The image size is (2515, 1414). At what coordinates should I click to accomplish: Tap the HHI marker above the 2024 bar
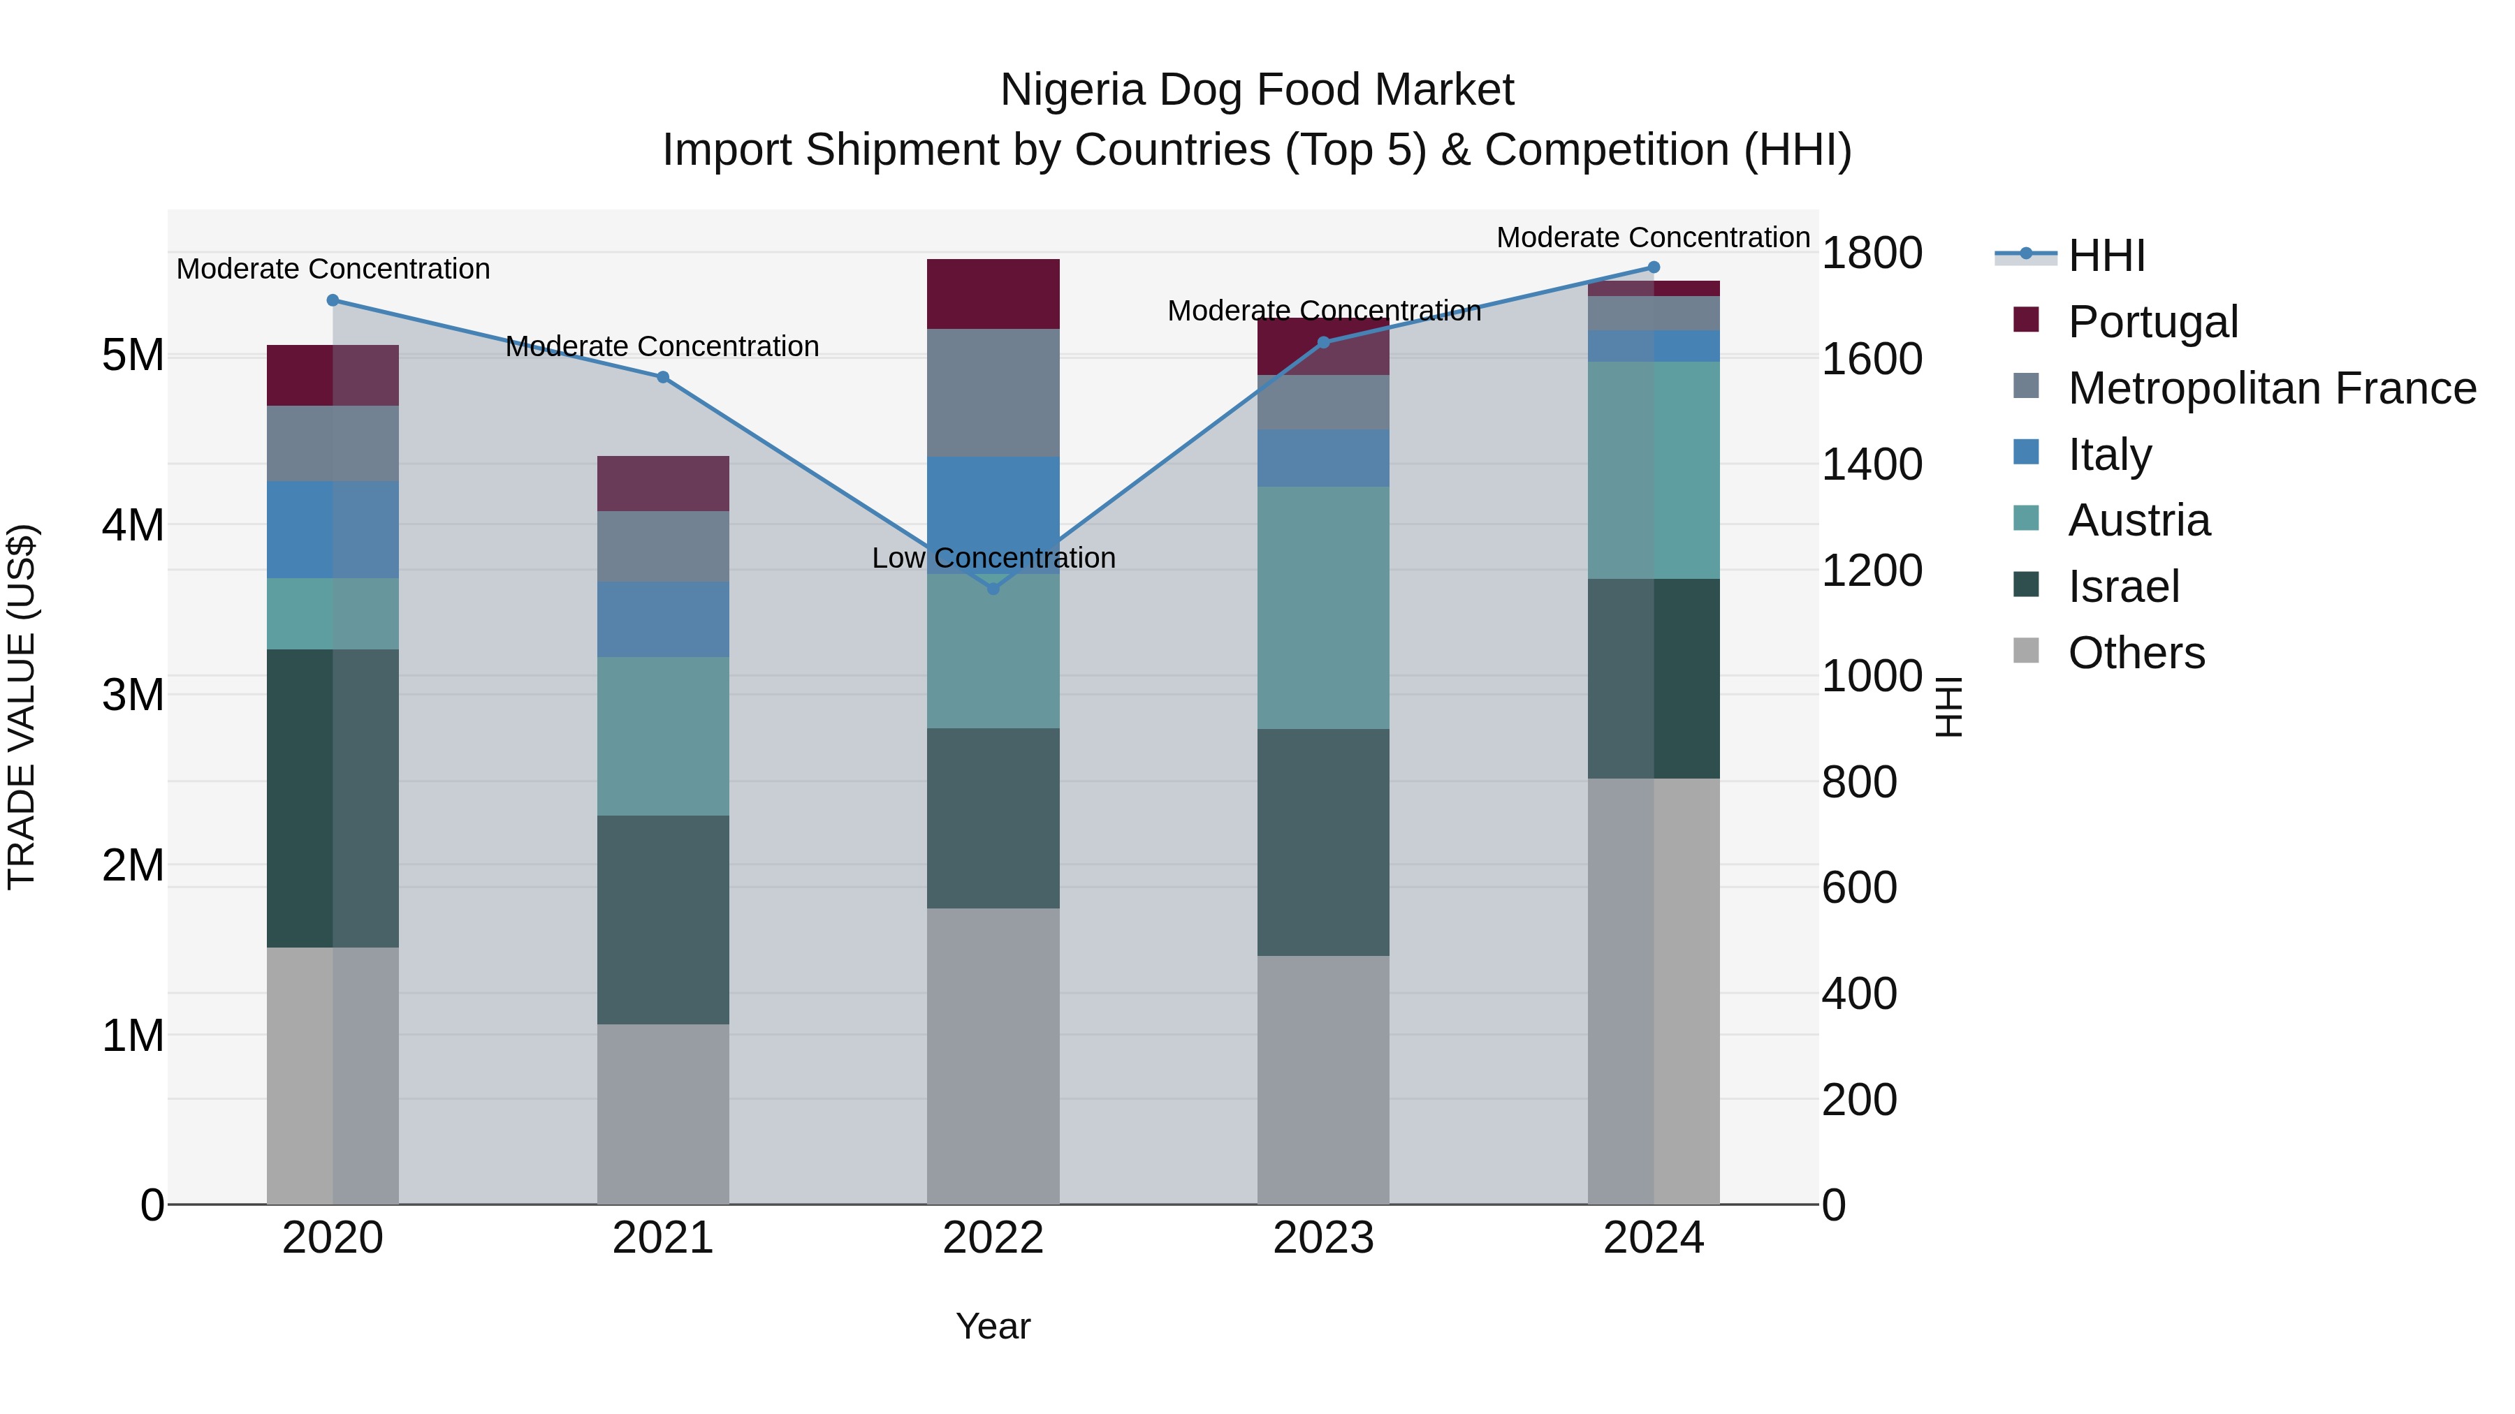[1653, 267]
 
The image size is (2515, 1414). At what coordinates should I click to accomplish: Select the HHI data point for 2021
[663, 376]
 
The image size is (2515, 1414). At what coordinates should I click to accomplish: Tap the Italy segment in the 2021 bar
[663, 619]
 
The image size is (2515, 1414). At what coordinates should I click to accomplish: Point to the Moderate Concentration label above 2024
[1653, 237]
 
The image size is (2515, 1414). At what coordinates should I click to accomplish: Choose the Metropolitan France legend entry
[2271, 388]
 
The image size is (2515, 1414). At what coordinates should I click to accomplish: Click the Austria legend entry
[2138, 520]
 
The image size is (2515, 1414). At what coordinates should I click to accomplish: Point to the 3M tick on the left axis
[133, 695]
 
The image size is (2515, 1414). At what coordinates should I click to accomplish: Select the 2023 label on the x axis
[1323, 1238]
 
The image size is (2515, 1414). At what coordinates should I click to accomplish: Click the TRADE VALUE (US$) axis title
[22, 707]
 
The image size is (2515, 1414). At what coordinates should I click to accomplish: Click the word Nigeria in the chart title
[1071, 90]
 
